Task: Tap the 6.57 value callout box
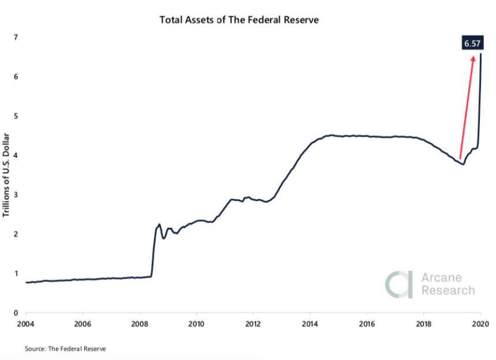(473, 43)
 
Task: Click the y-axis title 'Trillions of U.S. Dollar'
(7, 175)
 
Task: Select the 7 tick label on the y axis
(16, 37)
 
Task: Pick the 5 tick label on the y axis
(16, 116)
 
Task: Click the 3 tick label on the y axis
(16, 195)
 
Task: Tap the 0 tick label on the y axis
(16, 313)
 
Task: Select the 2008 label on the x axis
(140, 324)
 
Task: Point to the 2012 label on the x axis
(254, 324)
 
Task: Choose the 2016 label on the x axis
(367, 324)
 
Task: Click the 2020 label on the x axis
(480, 324)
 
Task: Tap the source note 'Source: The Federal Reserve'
(65, 348)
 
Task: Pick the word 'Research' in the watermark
(448, 290)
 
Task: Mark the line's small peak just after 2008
(159, 224)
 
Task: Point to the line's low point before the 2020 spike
(463, 164)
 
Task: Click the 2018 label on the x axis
(424, 324)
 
